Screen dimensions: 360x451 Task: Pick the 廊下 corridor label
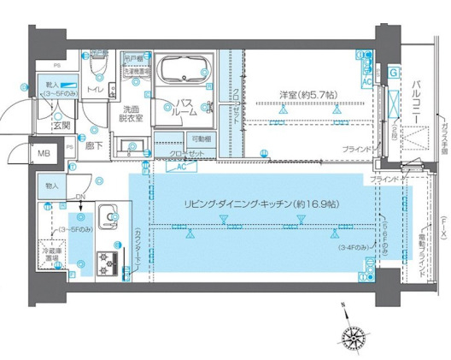coord(94,146)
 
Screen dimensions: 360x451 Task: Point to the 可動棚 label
coord(202,139)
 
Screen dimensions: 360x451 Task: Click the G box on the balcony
coord(393,74)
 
